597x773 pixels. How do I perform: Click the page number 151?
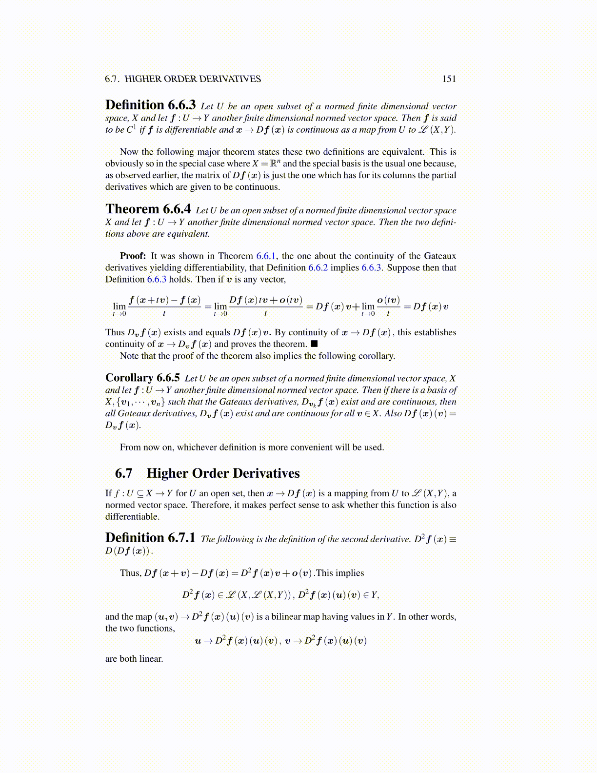click(449, 79)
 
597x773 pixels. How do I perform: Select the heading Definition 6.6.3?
click(150, 105)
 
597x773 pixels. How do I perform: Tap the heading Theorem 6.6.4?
click(148, 209)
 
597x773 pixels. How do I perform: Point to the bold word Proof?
click(133, 256)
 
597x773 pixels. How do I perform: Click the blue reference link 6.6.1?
click(266, 256)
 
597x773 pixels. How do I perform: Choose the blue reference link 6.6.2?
click(318, 268)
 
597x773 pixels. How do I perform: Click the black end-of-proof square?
click(314, 344)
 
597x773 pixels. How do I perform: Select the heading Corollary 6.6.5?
click(142, 378)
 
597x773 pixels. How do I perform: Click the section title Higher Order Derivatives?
click(223, 473)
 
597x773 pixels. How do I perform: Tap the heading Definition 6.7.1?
click(150, 538)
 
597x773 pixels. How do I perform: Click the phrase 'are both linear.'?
click(134, 659)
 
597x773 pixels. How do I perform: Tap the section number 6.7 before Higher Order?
click(123, 473)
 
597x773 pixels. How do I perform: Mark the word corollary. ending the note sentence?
click(376, 356)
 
